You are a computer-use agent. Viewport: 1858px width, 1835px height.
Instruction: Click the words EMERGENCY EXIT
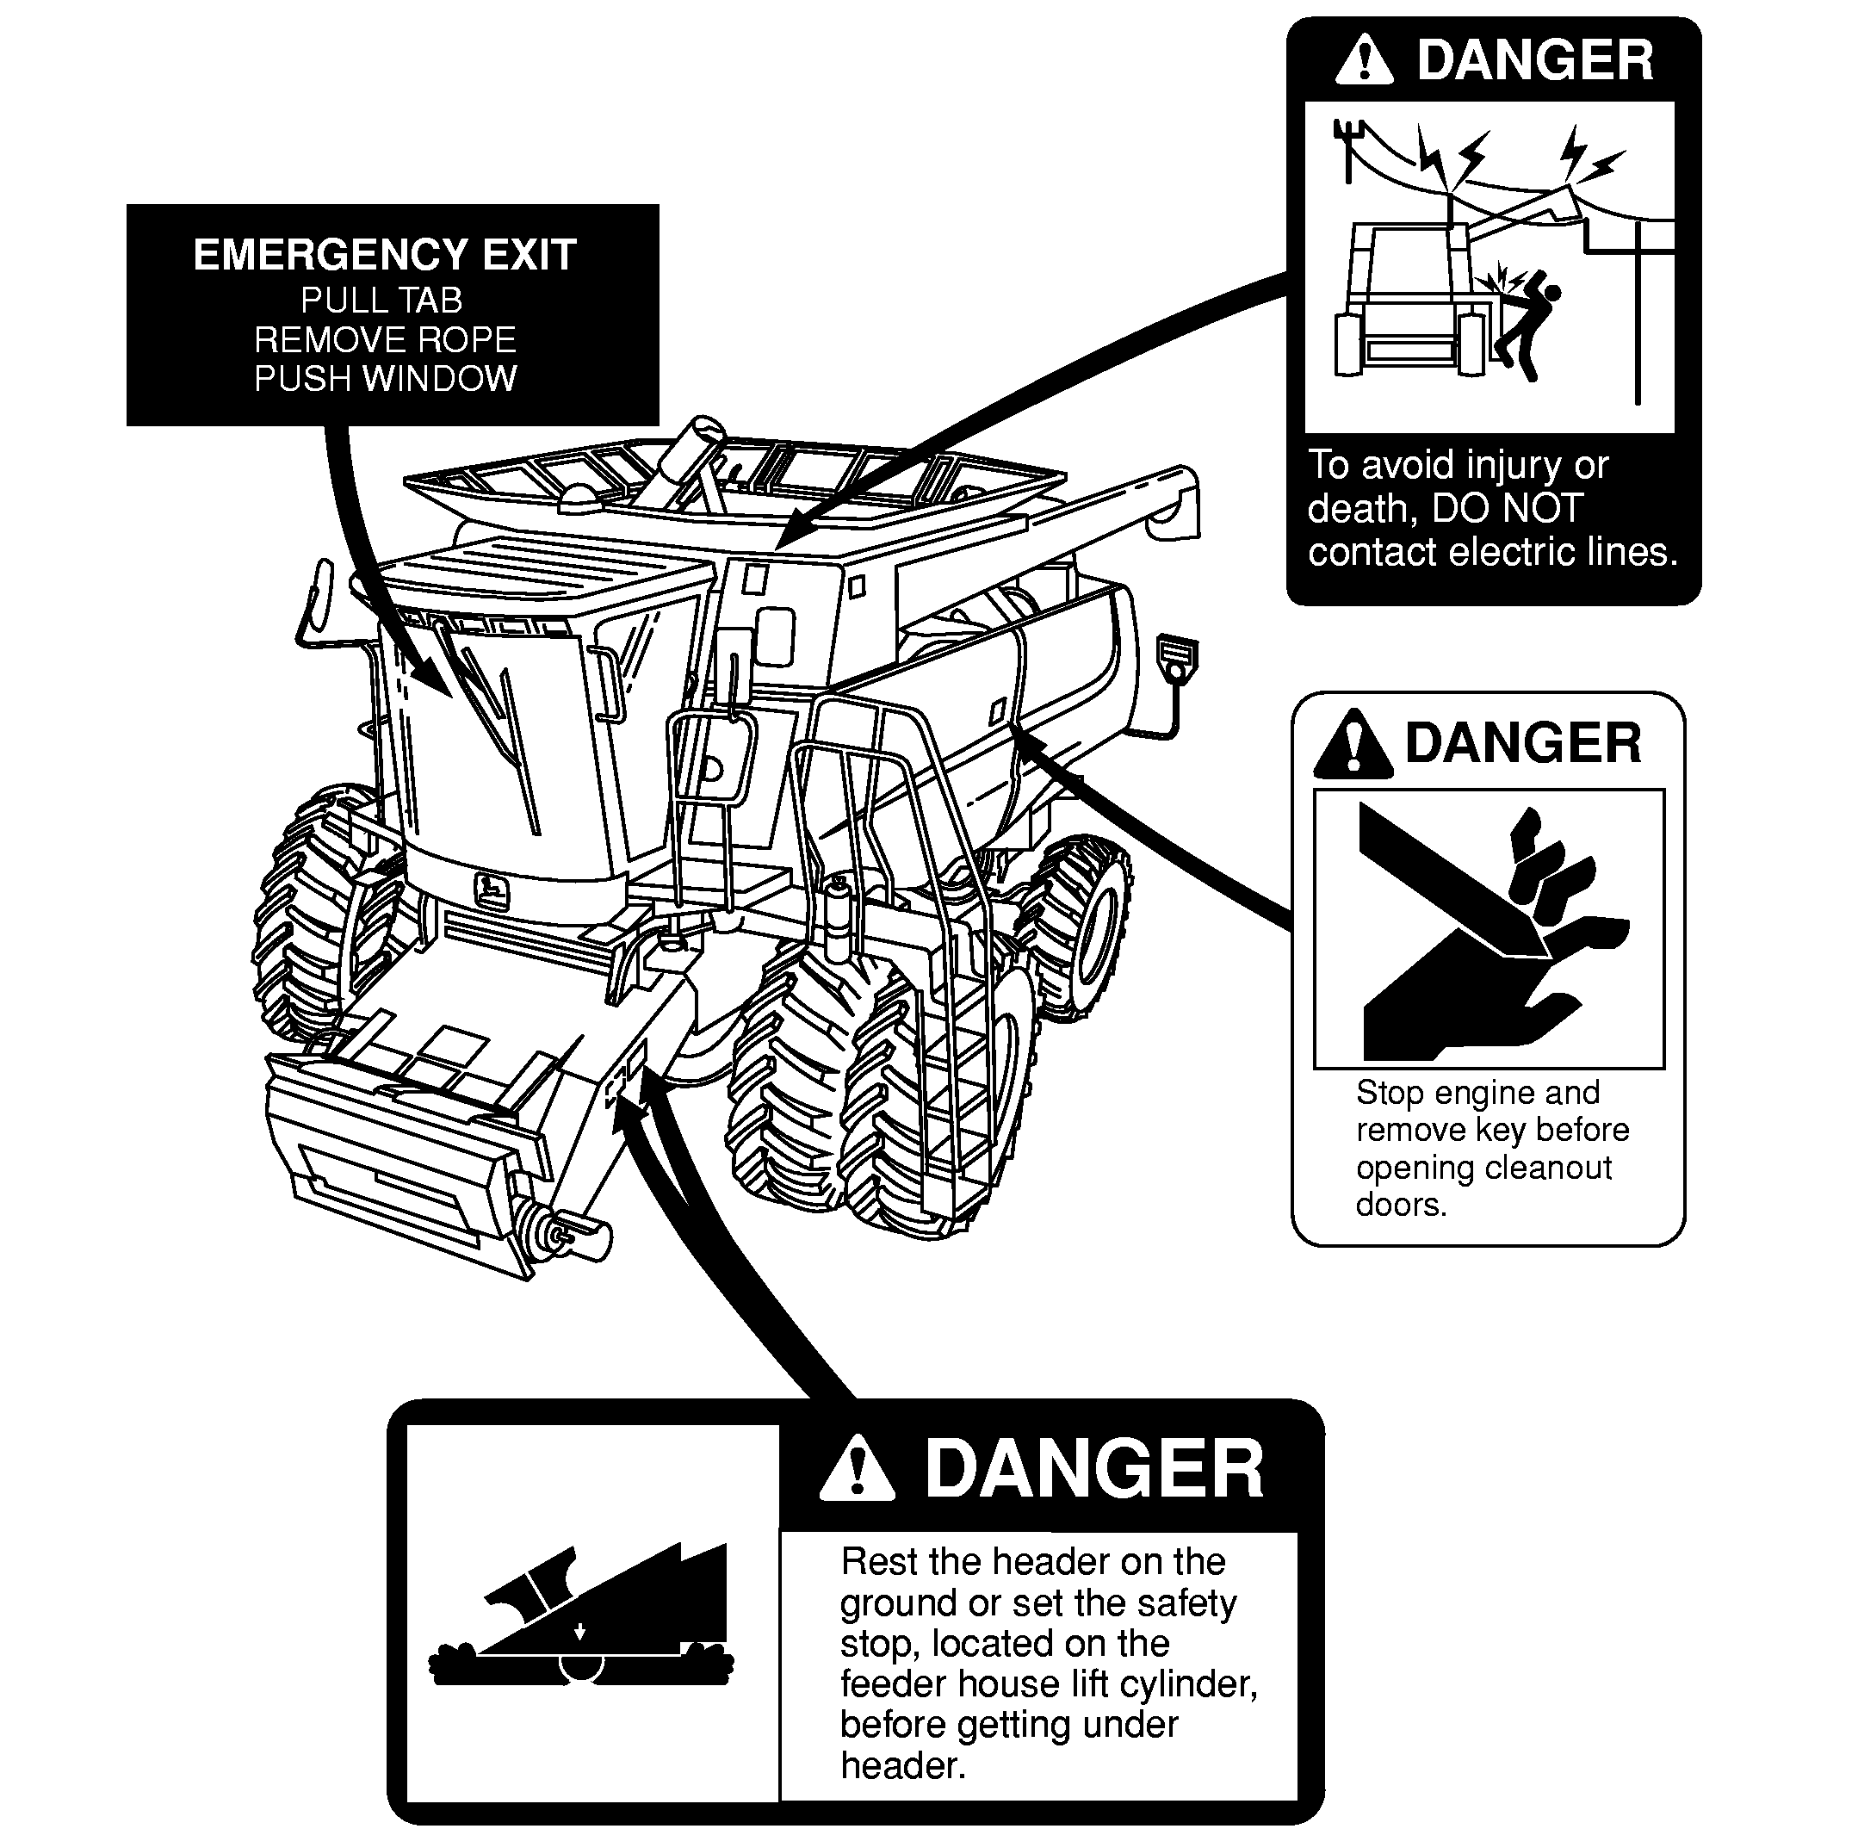[x=385, y=255]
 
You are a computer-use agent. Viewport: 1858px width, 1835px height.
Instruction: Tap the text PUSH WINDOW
[x=386, y=378]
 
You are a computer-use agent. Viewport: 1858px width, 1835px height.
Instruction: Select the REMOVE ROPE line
[x=385, y=339]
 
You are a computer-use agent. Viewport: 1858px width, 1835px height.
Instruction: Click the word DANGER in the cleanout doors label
[x=1523, y=743]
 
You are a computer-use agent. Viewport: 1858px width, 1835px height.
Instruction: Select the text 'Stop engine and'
[x=1478, y=1093]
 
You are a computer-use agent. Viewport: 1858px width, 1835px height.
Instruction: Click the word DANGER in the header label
[x=1094, y=1470]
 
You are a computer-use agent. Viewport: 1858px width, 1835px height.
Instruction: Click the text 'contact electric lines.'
[x=1493, y=552]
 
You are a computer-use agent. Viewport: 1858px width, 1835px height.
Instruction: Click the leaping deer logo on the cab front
[x=492, y=891]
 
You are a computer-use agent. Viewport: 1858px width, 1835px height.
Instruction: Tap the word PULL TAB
[x=381, y=301]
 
